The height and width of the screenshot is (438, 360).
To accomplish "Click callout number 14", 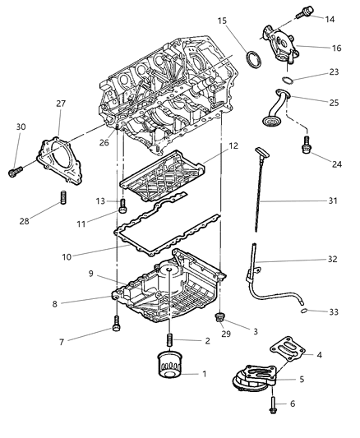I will point(330,17).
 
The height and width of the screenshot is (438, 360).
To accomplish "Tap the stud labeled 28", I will point(62,199).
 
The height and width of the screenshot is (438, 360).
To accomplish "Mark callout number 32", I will point(331,259).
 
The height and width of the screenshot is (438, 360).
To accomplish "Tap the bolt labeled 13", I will point(122,205).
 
